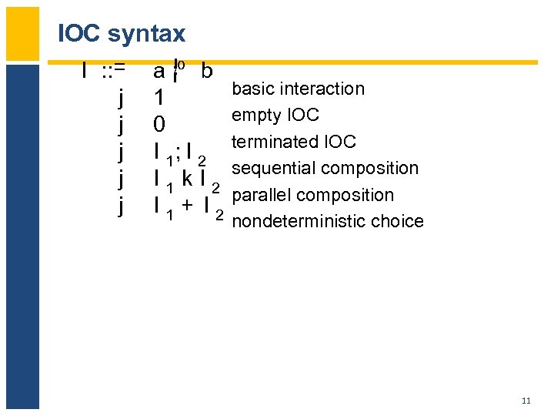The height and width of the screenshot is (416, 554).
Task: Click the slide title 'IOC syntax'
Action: [x=122, y=34]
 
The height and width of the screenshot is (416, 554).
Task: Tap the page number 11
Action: [x=526, y=401]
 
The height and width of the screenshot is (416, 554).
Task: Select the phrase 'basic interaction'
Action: [x=298, y=89]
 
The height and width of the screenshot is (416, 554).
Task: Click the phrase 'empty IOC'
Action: [x=275, y=116]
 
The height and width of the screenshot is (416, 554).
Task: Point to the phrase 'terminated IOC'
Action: [x=293, y=142]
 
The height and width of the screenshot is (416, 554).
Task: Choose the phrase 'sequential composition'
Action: [x=325, y=168]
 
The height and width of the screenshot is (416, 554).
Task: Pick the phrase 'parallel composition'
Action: [x=312, y=195]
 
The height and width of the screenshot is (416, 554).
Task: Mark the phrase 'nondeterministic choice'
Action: [x=327, y=222]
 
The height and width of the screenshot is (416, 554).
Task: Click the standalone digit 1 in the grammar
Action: [x=158, y=98]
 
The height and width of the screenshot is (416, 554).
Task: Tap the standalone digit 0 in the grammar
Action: [x=158, y=124]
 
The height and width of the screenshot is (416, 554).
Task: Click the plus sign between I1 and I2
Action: [x=186, y=204]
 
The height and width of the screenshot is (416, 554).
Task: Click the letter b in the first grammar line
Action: [x=205, y=72]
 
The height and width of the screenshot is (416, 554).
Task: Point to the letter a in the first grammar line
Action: [x=159, y=72]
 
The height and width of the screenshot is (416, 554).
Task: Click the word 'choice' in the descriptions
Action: [x=398, y=222]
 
